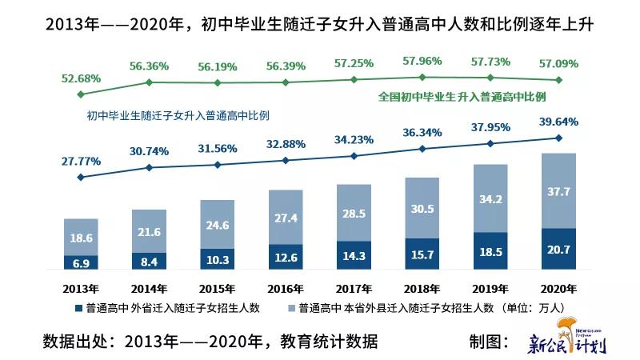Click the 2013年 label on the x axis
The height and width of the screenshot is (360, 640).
(x=81, y=289)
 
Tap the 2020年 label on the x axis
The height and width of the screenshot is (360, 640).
(x=558, y=289)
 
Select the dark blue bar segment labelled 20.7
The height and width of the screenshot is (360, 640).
(x=558, y=250)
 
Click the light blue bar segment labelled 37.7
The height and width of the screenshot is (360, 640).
(x=558, y=190)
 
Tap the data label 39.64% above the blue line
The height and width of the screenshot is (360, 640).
(x=558, y=121)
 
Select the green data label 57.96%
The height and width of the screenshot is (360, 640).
(x=422, y=59)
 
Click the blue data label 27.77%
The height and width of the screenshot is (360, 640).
(x=81, y=161)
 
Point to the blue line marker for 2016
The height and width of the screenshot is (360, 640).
(x=286, y=160)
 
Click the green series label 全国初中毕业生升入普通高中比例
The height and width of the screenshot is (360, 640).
(x=462, y=96)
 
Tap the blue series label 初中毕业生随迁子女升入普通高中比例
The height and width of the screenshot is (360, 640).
(x=178, y=115)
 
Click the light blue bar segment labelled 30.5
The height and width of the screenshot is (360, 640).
(x=422, y=208)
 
